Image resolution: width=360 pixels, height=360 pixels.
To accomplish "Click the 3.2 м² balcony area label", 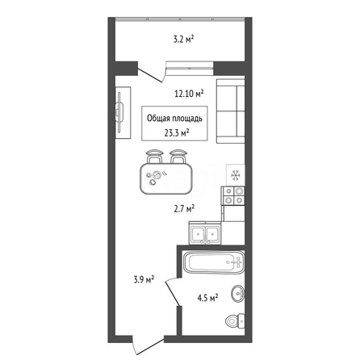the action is (x=183, y=40).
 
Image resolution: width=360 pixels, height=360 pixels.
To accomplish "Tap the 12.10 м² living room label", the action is (x=189, y=94).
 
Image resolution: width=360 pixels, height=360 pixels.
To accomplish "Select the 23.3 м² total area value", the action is (x=176, y=132).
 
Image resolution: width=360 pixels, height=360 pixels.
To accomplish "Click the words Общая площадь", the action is (x=174, y=118).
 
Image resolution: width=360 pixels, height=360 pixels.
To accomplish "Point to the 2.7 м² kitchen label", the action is (x=184, y=208).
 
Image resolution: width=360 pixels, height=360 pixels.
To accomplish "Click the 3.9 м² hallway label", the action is (x=144, y=279).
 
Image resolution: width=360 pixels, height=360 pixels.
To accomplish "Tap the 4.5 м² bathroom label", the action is (x=207, y=298).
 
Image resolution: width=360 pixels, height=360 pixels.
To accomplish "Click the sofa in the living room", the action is (x=231, y=111).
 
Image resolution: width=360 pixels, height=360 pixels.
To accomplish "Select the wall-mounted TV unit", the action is (x=123, y=112).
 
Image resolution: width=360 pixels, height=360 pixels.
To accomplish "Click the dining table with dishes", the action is (x=166, y=178).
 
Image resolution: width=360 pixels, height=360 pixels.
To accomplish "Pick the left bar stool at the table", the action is (x=154, y=157).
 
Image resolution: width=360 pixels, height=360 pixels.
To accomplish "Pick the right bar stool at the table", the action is (x=178, y=157).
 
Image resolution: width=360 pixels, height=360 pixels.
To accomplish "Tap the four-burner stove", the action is (x=233, y=195).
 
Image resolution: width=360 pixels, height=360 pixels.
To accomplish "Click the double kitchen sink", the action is (x=205, y=233).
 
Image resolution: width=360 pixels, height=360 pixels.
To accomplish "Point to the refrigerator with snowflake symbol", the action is (x=236, y=175).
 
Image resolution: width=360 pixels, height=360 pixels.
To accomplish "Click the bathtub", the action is (x=214, y=262).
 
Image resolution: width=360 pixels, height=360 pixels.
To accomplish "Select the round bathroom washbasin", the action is (x=238, y=294).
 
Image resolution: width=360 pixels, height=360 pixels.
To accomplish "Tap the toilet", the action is (x=235, y=321).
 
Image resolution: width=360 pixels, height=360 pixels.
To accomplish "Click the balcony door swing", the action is (x=152, y=73).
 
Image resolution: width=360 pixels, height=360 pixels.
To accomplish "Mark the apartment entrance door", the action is (x=149, y=345).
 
